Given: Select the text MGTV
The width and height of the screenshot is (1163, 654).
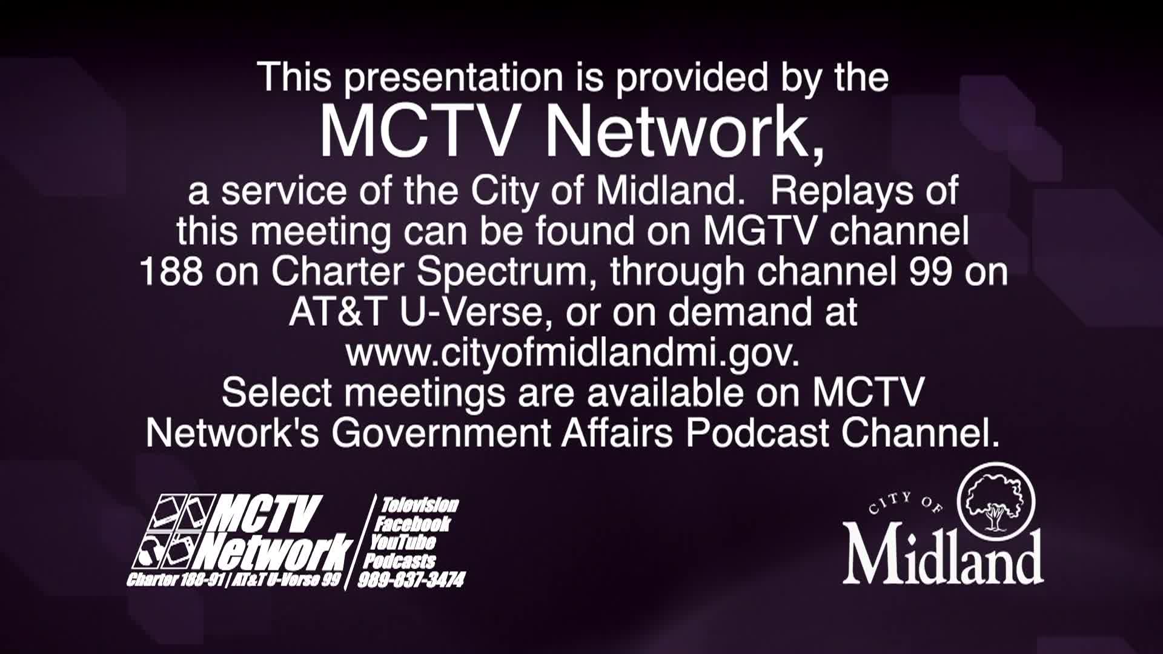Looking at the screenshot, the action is [760, 232].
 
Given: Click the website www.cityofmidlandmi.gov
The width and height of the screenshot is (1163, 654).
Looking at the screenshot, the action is [572, 353].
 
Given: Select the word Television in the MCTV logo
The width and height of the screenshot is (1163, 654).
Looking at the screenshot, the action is [420, 505].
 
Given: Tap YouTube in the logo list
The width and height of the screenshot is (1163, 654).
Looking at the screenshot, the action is [403, 542].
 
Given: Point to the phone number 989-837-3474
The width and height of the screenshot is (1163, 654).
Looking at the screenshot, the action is [411, 581].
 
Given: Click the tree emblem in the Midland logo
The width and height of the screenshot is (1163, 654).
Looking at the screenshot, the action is [996, 501].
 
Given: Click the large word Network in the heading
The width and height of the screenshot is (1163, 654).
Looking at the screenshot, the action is [684, 133].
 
